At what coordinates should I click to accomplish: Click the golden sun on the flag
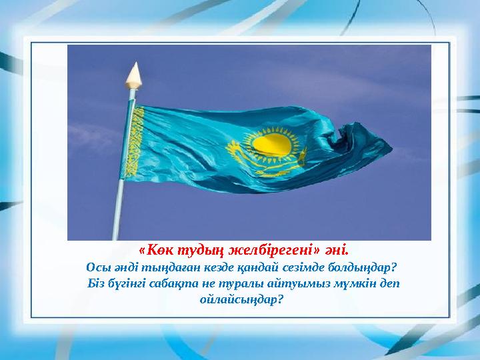coord(273,143)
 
